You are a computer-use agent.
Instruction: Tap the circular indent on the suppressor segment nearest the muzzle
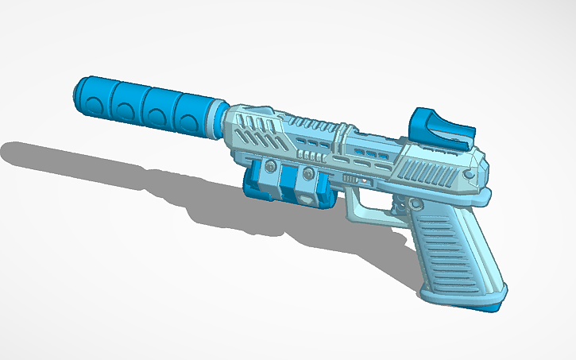tap(98, 103)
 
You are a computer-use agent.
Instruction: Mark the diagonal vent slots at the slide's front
tap(254, 131)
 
